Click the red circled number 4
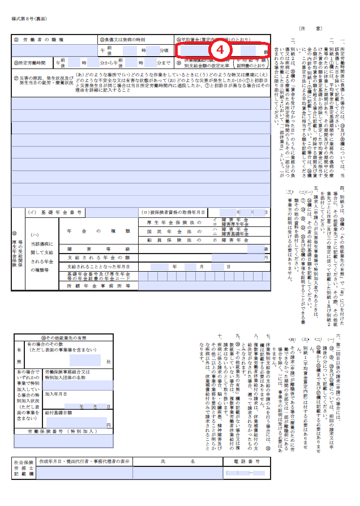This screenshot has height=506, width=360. (221, 49)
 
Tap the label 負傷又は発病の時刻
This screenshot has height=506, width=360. (123, 40)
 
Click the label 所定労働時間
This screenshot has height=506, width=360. (28, 62)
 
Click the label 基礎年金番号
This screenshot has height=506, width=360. (63, 212)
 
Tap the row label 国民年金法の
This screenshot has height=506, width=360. (172, 231)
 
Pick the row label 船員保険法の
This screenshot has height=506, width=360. (172, 240)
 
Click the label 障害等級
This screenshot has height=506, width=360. (99, 248)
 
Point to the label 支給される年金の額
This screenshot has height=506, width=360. (99, 258)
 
